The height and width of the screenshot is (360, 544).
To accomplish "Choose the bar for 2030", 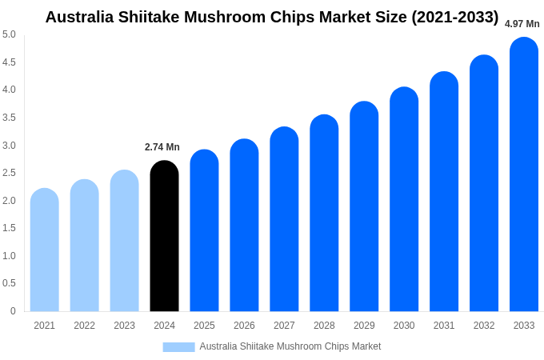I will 404,199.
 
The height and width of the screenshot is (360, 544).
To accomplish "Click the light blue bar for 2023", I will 124,241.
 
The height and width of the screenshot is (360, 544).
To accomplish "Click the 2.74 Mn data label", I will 162,147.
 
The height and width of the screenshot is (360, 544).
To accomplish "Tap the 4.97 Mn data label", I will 522,24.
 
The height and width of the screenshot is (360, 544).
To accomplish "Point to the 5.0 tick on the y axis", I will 9,34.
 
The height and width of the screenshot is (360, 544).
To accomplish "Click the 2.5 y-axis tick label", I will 9,173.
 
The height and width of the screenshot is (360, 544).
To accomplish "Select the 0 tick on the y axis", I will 13,311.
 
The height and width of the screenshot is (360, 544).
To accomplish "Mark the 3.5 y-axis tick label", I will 9,118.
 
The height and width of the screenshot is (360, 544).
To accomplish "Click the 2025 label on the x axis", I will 204,326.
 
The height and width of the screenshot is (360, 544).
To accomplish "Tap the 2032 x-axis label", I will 484,326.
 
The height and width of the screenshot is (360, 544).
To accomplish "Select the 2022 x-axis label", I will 84,326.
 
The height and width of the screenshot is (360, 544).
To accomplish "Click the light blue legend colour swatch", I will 178,347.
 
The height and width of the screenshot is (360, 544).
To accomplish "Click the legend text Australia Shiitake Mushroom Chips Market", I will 290,346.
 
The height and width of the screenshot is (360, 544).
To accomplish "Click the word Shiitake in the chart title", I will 146,17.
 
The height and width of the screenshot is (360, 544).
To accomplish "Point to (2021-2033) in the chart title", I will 454,17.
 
